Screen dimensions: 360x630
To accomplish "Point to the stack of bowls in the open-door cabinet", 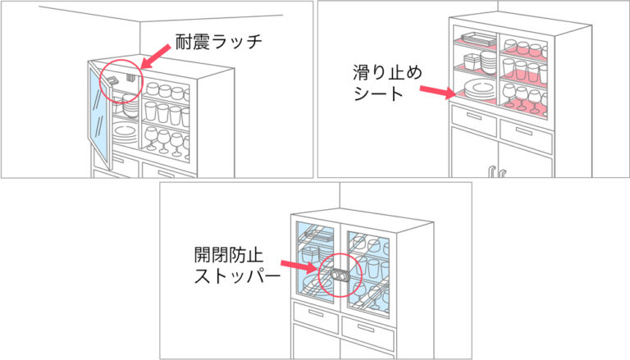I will click(x=130, y=107).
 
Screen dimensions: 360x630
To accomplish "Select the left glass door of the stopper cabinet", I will click(x=316, y=262).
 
